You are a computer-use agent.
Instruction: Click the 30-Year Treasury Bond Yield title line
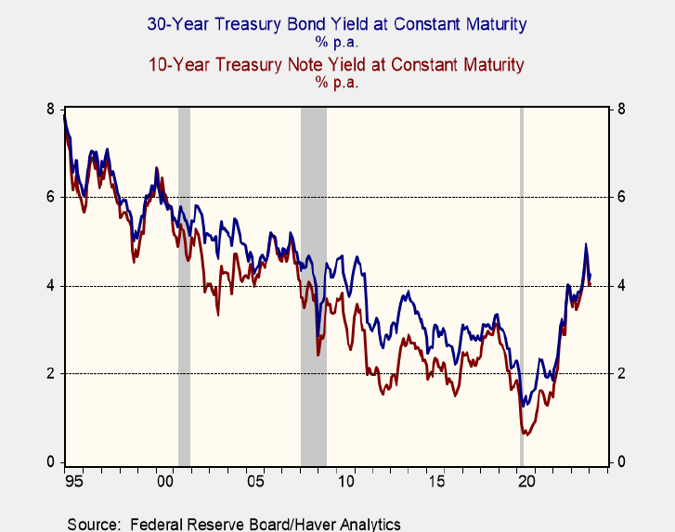[x=337, y=25]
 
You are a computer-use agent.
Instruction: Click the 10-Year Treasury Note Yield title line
[x=337, y=65]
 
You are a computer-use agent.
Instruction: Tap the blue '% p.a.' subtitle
[x=337, y=43]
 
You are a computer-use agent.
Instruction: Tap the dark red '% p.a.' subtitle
[x=337, y=83]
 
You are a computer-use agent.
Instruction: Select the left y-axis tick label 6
[x=50, y=197]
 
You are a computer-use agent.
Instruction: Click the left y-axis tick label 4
[x=50, y=285]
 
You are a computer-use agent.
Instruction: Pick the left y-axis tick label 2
[x=50, y=373]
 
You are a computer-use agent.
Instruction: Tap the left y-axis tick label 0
[x=50, y=461]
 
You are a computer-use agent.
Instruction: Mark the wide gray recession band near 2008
[x=314, y=279]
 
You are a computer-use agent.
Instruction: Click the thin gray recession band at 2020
[x=521, y=279]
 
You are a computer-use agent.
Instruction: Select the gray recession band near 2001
[x=184, y=279]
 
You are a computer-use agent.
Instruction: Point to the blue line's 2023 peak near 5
[x=585, y=244]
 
